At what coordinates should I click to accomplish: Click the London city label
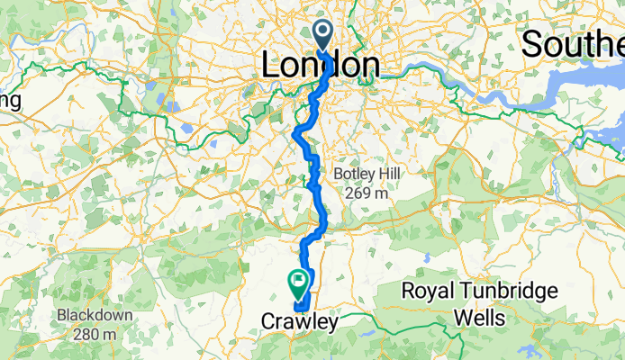(x=320, y=65)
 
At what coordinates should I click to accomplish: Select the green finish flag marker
(x=297, y=284)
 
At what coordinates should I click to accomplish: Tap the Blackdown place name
(x=94, y=316)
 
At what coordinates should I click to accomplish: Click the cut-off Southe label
(x=572, y=43)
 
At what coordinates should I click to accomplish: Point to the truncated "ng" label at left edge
(x=10, y=100)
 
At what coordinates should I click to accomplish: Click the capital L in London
(x=270, y=65)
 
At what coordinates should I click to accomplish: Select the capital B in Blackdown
(x=60, y=316)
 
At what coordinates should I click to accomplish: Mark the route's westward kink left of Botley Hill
(x=297, y=134)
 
